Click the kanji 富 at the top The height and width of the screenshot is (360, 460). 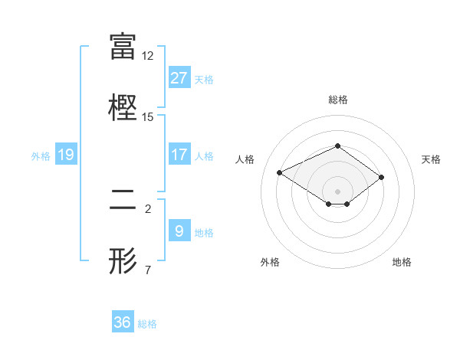[x=123, y=46]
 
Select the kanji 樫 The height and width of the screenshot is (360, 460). [x=123, y=106]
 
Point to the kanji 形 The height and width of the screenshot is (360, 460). [x=123, y=260]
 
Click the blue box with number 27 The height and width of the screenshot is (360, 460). [x=179, y=78]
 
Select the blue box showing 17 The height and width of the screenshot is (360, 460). [x=179, y=155]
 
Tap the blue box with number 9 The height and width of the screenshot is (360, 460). [x=179, y=231]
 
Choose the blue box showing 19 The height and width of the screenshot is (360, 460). [x=66, y=155]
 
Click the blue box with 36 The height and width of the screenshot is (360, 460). [x=123, y=322]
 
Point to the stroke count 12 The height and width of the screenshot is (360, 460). [x=148, y=56]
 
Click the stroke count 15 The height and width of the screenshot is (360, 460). [x=148, y=117]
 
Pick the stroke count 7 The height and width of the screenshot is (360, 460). [x=148, y=270]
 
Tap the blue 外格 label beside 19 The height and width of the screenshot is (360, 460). [x=41, y=155]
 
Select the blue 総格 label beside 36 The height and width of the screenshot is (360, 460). [x=147, y=323]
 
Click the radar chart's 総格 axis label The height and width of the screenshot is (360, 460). [x=337, y=100]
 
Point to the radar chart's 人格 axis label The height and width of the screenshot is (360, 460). [x=245, y=159]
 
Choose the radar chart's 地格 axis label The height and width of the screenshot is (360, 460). [x=402, y=262]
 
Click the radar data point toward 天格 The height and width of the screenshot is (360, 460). [x=381, y=177]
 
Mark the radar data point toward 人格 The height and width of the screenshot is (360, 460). [x=280, y=172]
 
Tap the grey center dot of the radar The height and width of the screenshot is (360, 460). [x=337, y=191]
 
